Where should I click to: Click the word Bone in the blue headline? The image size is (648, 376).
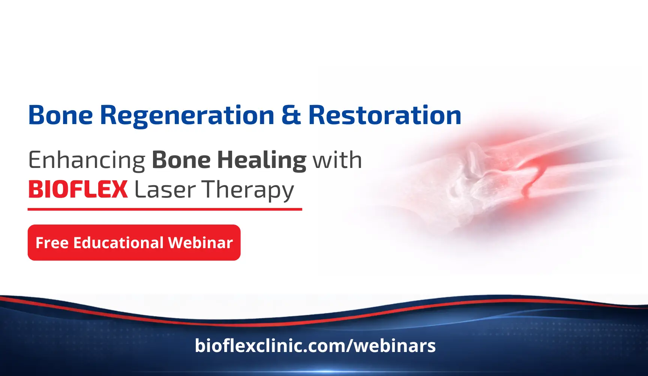(x=61, y=115)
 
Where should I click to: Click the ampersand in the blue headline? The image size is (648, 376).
(x=291, y=115)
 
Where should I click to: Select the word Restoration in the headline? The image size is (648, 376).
(x=385, y=115)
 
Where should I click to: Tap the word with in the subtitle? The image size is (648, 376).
(x=337, y=160)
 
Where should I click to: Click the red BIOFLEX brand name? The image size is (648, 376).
(x=78, y=190)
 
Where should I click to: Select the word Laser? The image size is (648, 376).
(x=165, y=190)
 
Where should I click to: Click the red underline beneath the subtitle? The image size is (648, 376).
(x=165, y=209)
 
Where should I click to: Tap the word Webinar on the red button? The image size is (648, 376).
(x=201, y=243)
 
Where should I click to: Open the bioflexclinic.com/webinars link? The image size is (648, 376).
(x=315, y=346)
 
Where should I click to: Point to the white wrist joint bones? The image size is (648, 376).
(x=469, y=176)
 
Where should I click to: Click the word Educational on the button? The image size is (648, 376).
(x=118, y=243)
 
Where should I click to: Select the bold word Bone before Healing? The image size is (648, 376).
(x=181, y=160)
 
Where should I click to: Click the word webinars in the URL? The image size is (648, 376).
(x=395, y=346)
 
